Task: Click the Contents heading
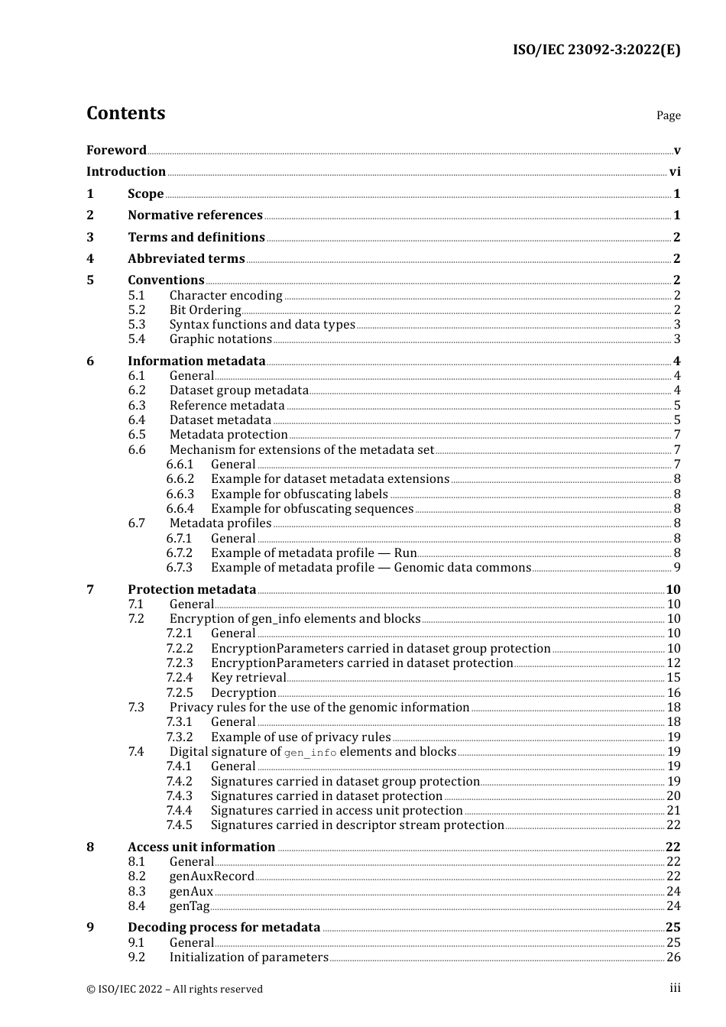(125, 113)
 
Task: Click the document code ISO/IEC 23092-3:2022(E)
(596, 50)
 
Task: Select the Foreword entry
(116, 150)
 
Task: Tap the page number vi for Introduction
(675, 172)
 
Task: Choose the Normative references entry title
(195, 215)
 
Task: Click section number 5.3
(136, 325)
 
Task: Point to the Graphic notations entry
(220, 339)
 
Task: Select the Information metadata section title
(196, 361)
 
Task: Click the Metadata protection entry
(228, 435)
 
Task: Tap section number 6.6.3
(180, 494)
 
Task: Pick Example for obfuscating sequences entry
(312, 509)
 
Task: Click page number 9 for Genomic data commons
(677, 568)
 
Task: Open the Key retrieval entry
(248, 678)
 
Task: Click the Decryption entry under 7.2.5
(243, 693)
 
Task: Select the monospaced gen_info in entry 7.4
(310, 753)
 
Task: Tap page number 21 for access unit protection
(673, 811)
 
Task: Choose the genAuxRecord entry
(212, 876)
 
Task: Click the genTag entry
(189, 906)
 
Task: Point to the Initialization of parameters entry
(248, 957)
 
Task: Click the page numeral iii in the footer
(675, 988)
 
